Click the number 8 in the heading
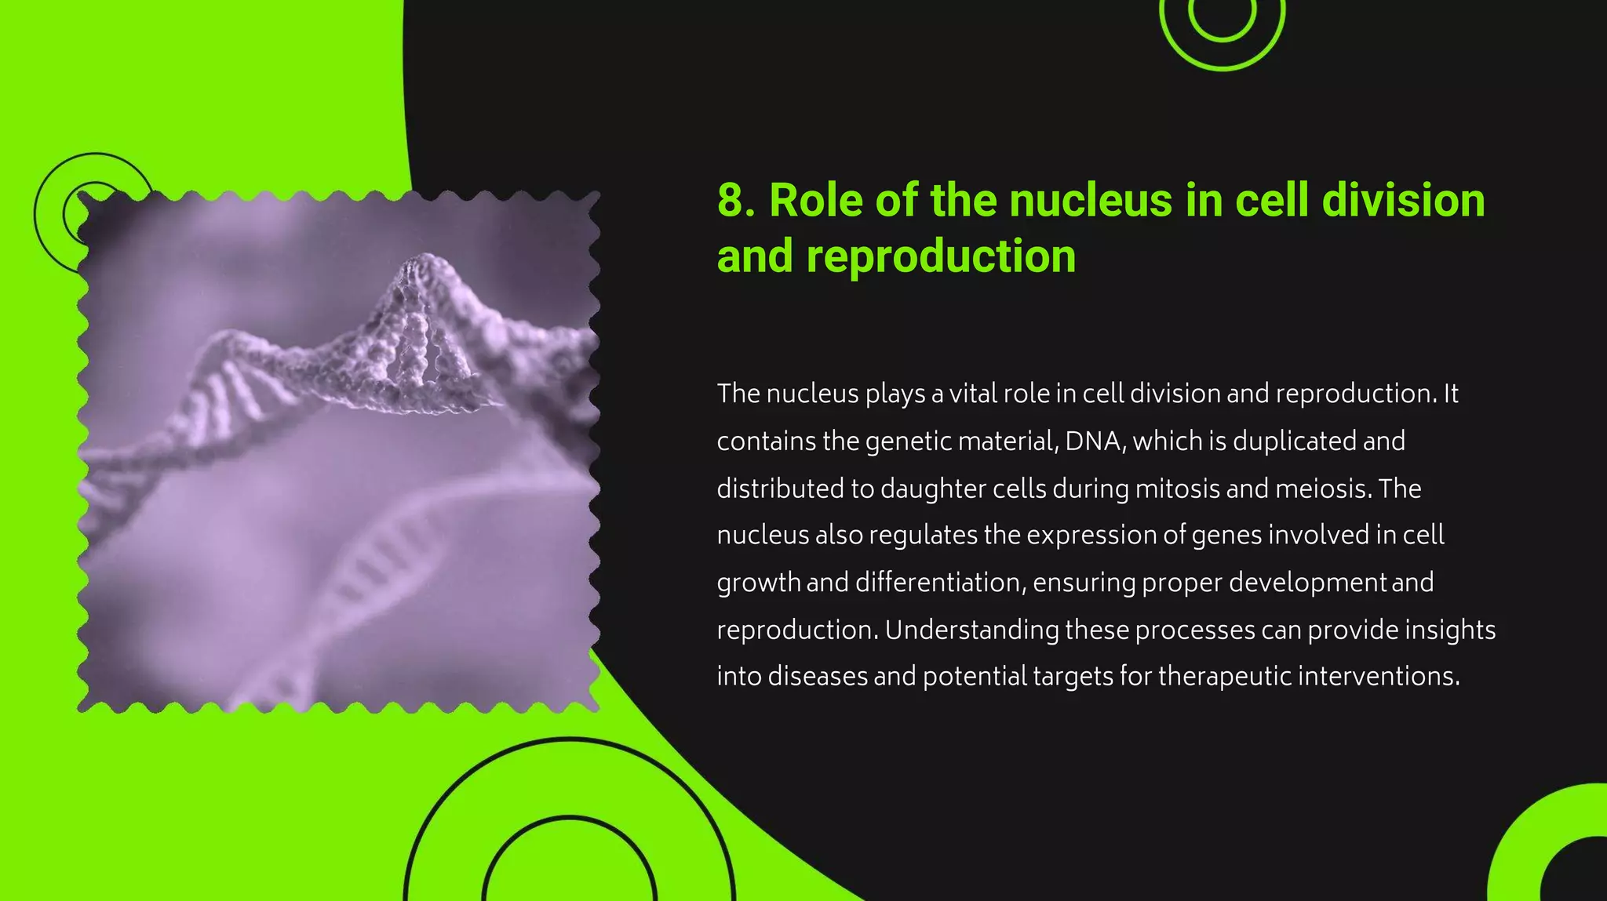pyautogui.click(x=731, y=201)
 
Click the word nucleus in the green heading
pyautogui.click(x=1091, y=201)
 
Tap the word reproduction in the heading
pyautogui.click(x=941, y=257)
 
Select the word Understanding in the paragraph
pyautogui.click(x=971, y=630)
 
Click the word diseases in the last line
pyautogui.click(x=817, y=676)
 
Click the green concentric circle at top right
pyautogui.click(x=1222, y=24)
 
